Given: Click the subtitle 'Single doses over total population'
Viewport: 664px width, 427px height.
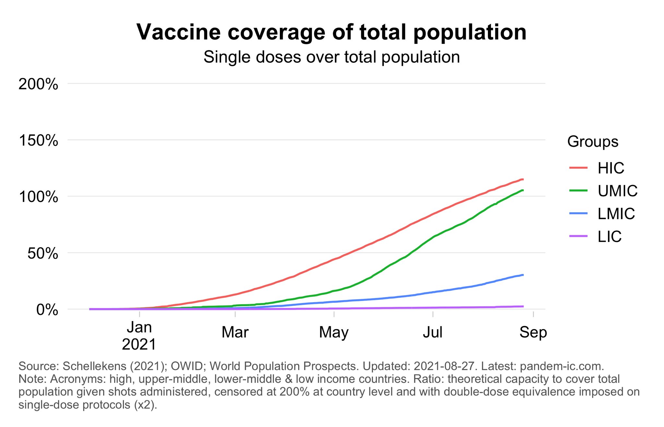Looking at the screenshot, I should coord(331,57).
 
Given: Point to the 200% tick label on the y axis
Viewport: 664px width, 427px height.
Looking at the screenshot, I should coord(38,84).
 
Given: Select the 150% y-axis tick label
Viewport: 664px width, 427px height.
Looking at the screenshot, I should coord(38,141).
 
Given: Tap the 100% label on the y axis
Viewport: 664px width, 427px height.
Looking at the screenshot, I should coord(38,197).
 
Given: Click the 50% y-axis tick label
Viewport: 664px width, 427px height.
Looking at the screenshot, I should coord(42,254).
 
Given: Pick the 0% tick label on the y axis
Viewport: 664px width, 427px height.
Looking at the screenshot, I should coord(47,310).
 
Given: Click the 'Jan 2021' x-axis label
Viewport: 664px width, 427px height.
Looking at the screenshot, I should coord(139,336).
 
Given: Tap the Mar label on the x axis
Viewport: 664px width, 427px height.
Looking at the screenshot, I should coord(235,332).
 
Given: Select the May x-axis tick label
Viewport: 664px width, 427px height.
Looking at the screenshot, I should coord(334,332).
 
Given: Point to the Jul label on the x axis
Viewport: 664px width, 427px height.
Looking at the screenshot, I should coord(433,332).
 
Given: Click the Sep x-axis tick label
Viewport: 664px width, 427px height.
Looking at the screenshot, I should coord(533,332).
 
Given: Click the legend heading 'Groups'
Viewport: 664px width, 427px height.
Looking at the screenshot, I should coord(593,142).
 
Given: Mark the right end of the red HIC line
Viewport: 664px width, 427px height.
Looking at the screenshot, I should coord(523,179).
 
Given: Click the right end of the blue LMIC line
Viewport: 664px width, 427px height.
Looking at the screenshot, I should coord(523,275).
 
